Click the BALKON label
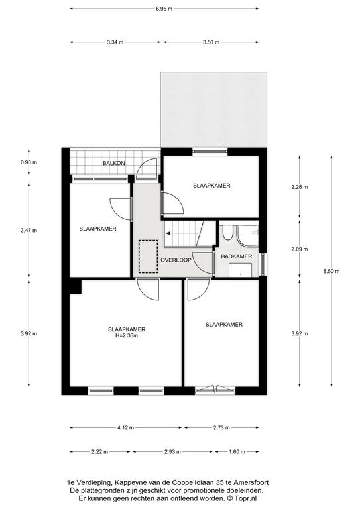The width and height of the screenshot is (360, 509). coord(113,163)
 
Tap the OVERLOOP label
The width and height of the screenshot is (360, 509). coord(176,260)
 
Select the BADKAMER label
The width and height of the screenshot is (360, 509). coord(236,256)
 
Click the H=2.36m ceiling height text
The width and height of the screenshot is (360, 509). coord(127,335)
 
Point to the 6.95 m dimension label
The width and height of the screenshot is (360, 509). coord(164,9)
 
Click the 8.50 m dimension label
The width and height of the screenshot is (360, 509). coord(331,271)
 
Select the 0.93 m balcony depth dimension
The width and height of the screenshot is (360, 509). coord(29,162)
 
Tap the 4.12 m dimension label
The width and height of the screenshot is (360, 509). coord(125,427)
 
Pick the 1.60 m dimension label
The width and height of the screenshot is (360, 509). coord(237,451)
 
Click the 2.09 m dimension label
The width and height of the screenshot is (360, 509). coord(299,249)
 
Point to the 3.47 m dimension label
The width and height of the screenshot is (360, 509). coord(29,231)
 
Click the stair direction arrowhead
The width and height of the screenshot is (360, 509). coord(168,233)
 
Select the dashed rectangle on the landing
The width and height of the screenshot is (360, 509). coord(149,256)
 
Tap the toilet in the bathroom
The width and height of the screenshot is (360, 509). coord(227,233)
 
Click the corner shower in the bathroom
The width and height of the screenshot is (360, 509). coord(248,235)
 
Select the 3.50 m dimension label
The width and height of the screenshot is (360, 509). coord(211,42)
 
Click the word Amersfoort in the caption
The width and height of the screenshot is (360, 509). coord(252,482)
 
